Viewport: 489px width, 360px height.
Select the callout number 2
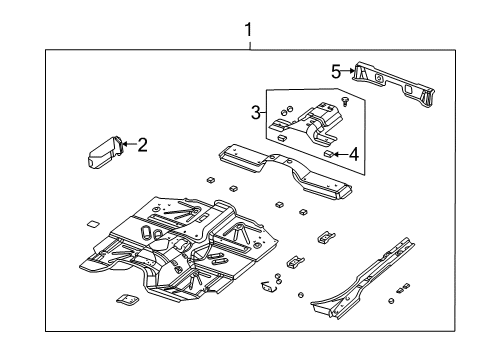pos(142,145)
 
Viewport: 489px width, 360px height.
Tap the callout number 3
pos(255,112)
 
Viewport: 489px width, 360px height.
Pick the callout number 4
pos(353,154)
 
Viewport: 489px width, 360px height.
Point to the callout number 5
pos(337,71)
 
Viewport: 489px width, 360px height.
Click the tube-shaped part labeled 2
pos(103,156)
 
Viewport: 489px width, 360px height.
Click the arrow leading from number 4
pos(339,154)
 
